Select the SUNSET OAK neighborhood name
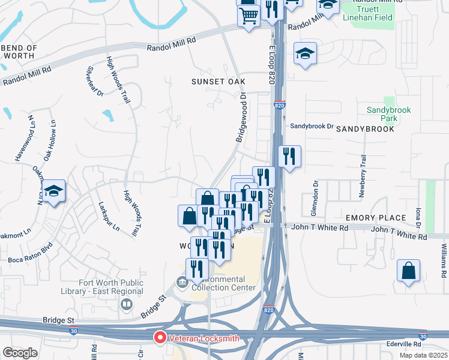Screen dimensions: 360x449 pos(215,81)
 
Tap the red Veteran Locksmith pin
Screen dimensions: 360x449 pos(160,338)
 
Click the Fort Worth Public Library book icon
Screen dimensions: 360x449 pos(126,305)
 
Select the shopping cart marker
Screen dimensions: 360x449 pos(249,16)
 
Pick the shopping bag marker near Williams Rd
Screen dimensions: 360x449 pos(408,271)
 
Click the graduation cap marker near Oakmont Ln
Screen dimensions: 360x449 pos(53,191)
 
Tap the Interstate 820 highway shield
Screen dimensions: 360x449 pos(279,105)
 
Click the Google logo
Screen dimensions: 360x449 pos(20,353)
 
